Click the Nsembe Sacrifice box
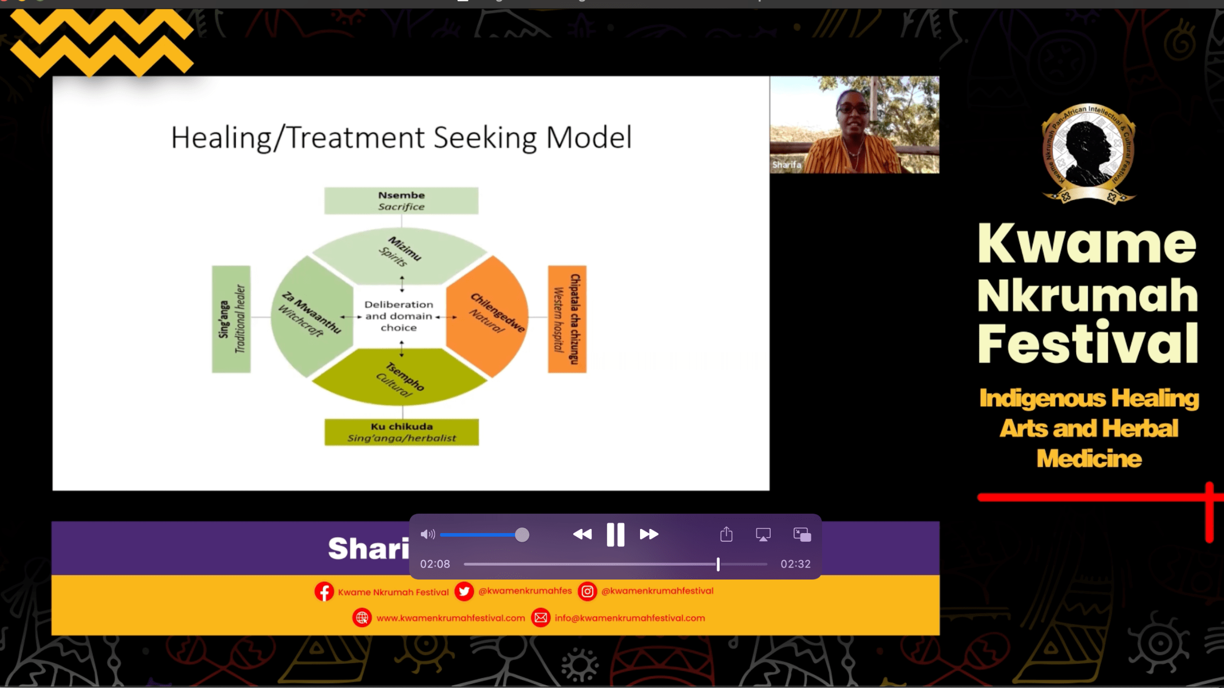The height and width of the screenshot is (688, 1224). (x=401, y=201)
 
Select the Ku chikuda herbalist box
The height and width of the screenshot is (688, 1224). (x=402, y=432)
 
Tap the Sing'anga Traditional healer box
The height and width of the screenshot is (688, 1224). (x=232, y=319)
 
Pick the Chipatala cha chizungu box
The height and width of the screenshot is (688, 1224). (x=567, y=319)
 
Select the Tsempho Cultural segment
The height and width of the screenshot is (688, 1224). (x=401, y=379)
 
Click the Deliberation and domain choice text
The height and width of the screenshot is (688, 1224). (x=399, y=316)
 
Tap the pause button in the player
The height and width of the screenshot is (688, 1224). (x=616, y=535)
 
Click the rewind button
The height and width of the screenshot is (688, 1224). (x=582, y=535)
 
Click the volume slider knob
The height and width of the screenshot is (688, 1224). (x=522, y=535)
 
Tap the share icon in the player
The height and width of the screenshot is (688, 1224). (x=726, y=535)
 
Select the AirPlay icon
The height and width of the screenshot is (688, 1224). (x=763, y=535)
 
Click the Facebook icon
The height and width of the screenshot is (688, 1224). (x=324, y=592)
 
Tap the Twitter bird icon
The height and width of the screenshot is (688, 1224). (x=464, y=592)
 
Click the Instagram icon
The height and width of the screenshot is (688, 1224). (x=588, y=591)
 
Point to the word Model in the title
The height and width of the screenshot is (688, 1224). (x=589, y=138)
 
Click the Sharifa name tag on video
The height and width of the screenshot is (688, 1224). (x=786, y=165)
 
